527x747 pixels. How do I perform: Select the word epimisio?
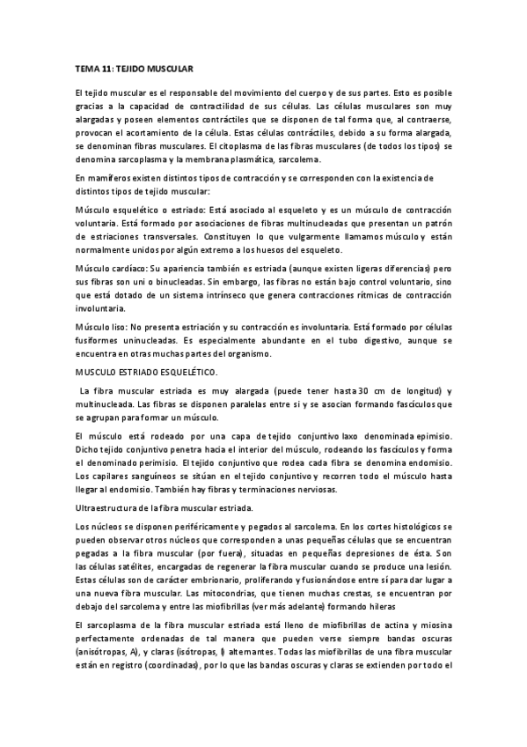[x=430, y=435]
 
